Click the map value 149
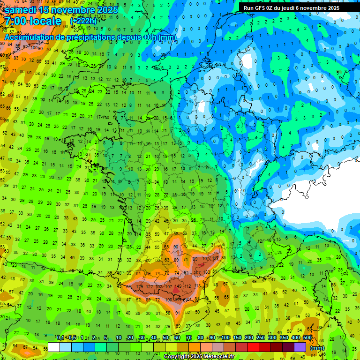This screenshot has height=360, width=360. tap(178, 287)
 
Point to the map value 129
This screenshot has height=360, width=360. tap(139, 286)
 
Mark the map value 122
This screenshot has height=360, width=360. tap(150, 286)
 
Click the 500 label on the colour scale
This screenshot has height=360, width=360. tap(307, 338)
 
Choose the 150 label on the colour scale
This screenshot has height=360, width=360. tap(237, 338)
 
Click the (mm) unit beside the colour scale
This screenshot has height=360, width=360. tap(317, 348)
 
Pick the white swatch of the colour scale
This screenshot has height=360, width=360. tap(54, 347)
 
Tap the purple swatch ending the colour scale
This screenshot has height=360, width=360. tap(300, 347)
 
